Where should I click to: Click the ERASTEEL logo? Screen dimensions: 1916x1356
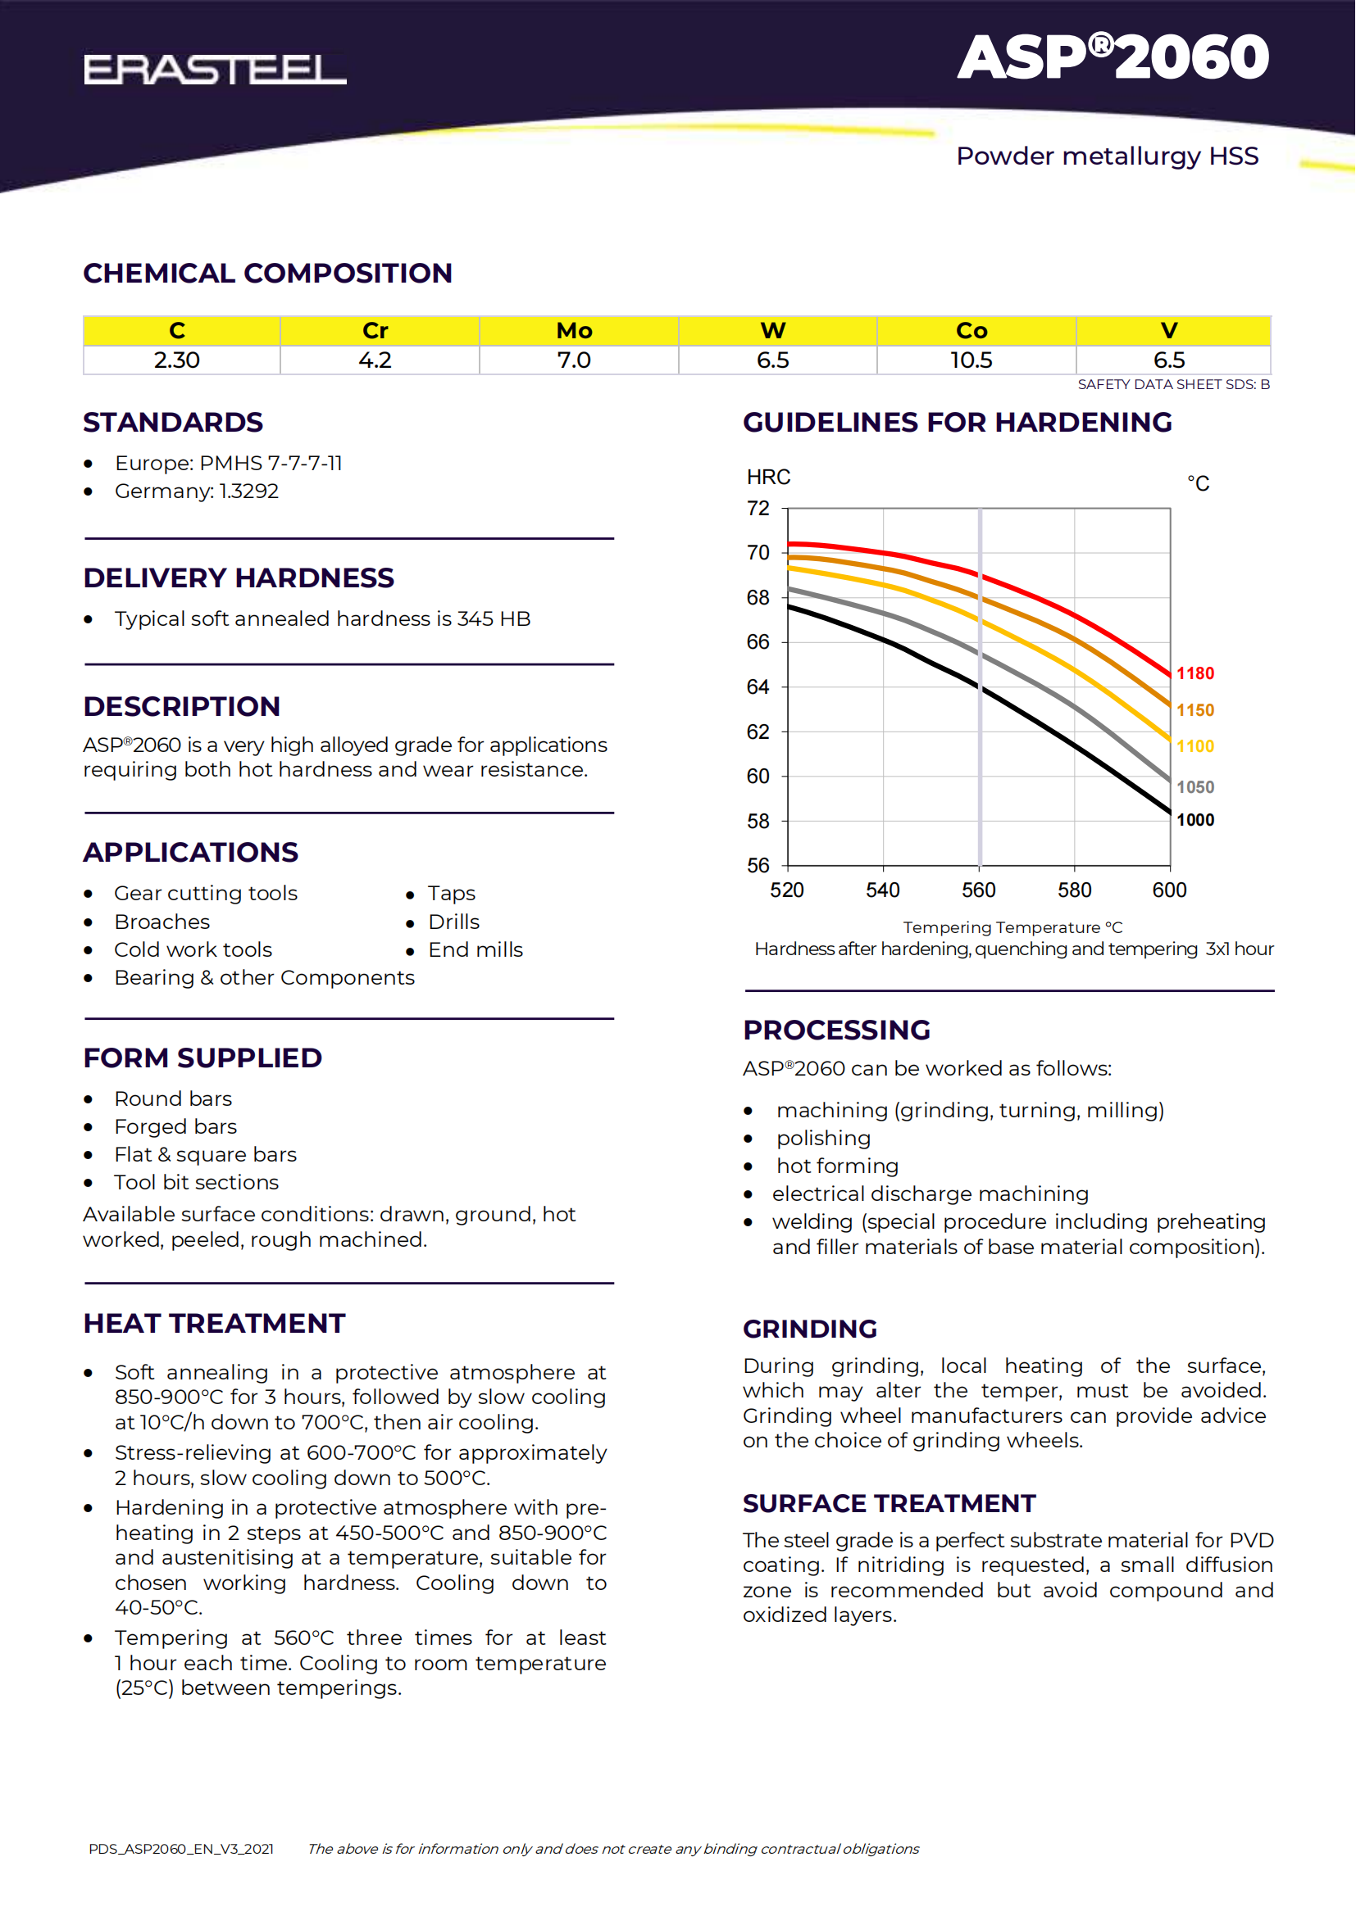point(215,70)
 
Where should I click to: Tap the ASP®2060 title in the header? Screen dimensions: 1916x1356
point(1113,57)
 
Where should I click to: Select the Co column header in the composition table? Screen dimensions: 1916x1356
point(972,330)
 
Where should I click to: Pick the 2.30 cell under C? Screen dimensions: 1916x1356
point(177,360)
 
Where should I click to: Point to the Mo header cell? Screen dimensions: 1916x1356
point(575,330)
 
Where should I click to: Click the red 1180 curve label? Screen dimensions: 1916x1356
point(1194,673)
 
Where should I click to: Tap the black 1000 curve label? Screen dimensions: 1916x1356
point(1194,820)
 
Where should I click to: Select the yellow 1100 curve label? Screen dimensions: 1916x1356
point(1194,747)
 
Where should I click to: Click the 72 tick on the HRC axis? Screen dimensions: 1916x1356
point(758,508)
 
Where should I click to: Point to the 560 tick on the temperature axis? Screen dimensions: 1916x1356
point(979,890)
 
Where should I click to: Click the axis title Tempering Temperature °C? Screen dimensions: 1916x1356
point(1012,927)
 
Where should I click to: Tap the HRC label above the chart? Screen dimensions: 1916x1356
point(768,478)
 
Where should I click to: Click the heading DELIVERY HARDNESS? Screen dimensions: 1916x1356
point(239,578)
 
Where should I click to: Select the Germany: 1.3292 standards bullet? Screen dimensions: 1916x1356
point(197,491)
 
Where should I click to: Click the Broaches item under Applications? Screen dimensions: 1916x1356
point(162,922)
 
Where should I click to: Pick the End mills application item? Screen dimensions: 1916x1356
point(476,949)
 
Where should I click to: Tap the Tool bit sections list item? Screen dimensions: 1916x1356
point(196,1183)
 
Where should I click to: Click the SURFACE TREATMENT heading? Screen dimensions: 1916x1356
point(890,1504)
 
